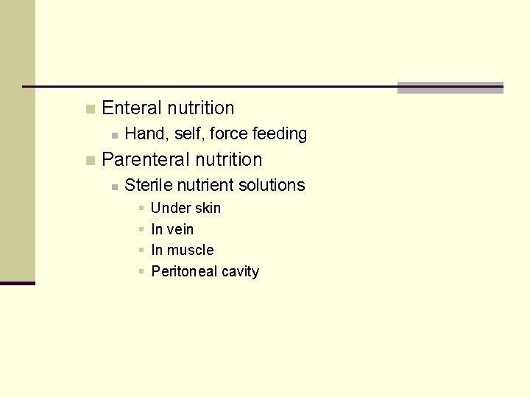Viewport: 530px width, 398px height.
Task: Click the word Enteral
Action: tap(132, 108)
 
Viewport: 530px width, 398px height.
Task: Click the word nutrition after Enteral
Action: tap(200, 108)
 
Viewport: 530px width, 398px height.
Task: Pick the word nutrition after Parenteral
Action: tap(228, 159)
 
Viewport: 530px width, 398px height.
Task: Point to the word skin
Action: tap(207, 209)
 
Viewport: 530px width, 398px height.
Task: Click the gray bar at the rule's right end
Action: tap(450, 88)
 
